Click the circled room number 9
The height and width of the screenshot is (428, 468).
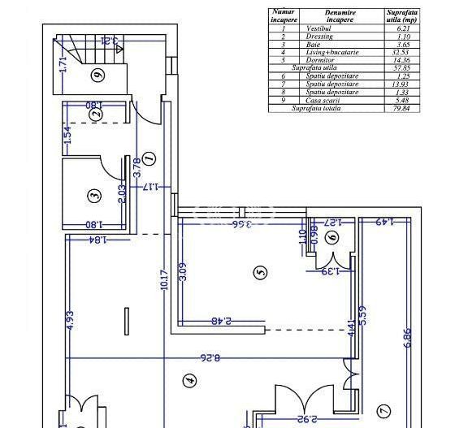(x=97, y=76)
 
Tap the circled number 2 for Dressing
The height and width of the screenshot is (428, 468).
(x=96, y=115)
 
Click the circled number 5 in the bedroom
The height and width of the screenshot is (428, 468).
(x=260, y=272)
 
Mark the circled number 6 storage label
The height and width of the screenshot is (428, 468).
(x=330, y=237)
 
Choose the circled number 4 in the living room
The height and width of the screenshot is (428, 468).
(x=189, y=379)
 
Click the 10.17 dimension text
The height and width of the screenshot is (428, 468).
(x=164, y=280)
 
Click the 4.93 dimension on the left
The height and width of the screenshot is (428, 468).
(x=70, y=320)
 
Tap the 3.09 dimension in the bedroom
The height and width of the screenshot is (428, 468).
(x=183, y=270)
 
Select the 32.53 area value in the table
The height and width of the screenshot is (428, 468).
(x=403, y=52)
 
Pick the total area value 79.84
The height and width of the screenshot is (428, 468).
(x=403, y=108)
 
